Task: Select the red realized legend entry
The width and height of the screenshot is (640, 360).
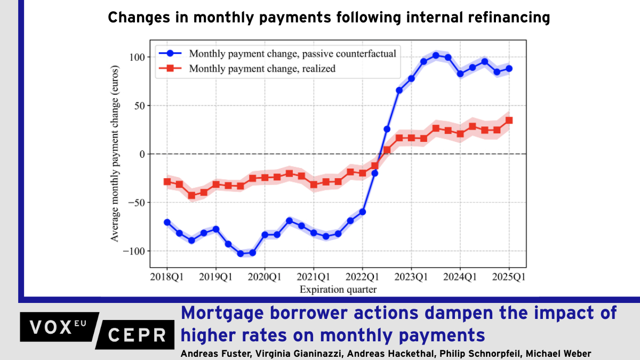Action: click(262, 68)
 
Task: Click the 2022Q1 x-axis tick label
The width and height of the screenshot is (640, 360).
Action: click(362, 277)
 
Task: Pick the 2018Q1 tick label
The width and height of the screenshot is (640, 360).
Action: click(167, 277)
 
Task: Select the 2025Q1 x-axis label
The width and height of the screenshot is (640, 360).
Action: click(509, 277)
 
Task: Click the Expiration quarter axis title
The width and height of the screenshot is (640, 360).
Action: click(338, 290)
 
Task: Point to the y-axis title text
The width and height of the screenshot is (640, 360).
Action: click(115, 154)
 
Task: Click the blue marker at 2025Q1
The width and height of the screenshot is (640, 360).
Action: click(509, 69)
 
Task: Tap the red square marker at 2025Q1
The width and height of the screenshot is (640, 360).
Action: click(509, 121)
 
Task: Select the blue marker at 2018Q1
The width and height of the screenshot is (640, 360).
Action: click(167, 222)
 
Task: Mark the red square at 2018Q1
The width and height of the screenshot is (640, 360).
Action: click(167, 182)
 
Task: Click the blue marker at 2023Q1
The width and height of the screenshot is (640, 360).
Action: click(411, 78)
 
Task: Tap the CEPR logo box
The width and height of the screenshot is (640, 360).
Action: click(136, 334)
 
